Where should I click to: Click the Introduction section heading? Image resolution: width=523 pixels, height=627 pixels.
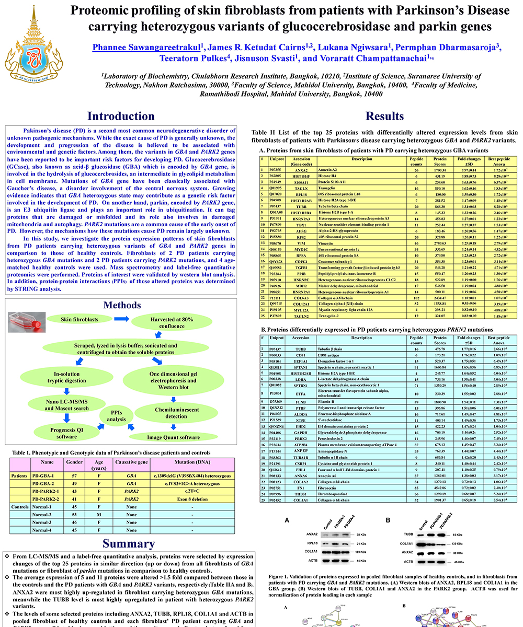120,116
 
